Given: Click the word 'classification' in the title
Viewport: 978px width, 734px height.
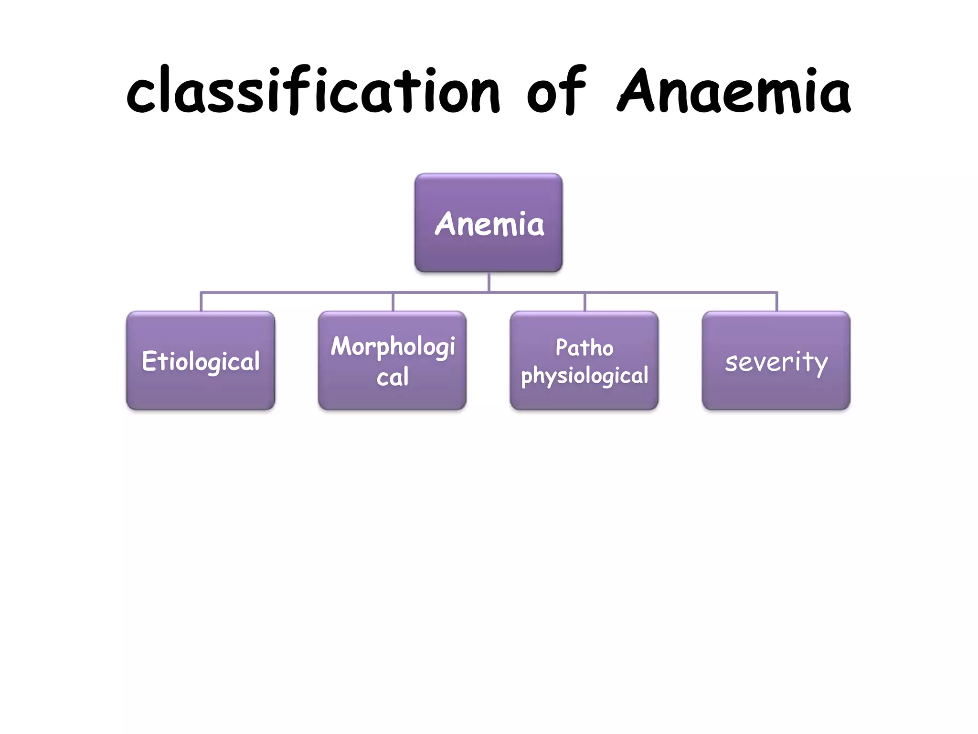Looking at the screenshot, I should pyautogui.click(x=313, y=91).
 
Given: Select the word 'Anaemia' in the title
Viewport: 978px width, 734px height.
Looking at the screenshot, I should pyautogui.click(x=734, y=91).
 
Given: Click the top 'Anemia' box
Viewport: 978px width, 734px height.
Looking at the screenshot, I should pyautogui.click(x=489, y=223).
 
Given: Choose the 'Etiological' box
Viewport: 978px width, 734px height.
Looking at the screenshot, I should pyautogui.click(x=201, y=361).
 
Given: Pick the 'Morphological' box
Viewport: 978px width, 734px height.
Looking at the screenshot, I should pyautogui.click(x=392, y=361).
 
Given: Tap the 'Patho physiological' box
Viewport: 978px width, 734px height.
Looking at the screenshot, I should pyautogui.click(x=584, y=361).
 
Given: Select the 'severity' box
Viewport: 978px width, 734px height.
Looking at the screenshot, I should pyautogui.click(x=776, y=361).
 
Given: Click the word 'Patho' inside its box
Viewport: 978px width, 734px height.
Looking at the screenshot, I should pyautogui.click(x=584, y=347).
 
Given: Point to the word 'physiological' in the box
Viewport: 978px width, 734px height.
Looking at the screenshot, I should pyautogui.click(x=584, y=376).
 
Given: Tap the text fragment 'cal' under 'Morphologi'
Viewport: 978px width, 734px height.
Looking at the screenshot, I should pyautogui.click(x=392, y=377).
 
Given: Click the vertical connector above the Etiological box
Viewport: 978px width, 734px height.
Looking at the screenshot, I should pyautogui.click(x=201, y=302).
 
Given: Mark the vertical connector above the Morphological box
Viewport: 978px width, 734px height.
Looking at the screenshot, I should pyautogui.click(x=393, y=302).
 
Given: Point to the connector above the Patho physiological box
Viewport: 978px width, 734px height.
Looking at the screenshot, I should pyautogui.click(x=585, y=302).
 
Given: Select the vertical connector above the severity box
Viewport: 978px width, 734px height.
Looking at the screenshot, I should pyautogui.click(x=776, y=302).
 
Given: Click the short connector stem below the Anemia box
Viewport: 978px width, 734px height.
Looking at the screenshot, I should pyautogui.click(x=489, y=282).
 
